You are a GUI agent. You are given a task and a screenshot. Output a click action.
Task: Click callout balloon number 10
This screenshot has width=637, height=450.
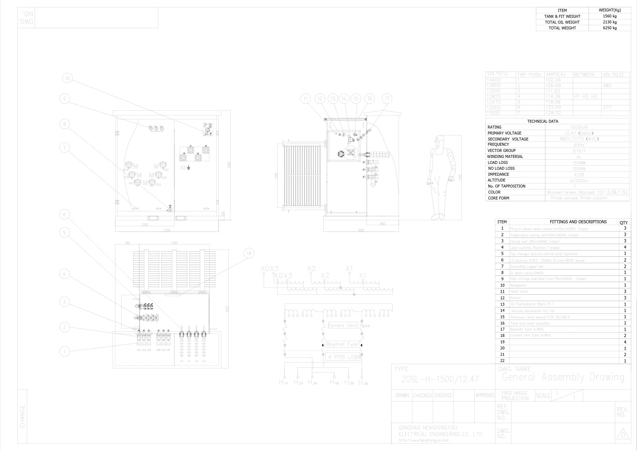[67, 78]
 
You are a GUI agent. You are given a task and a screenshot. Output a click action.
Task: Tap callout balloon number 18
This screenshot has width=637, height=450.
[249, 253]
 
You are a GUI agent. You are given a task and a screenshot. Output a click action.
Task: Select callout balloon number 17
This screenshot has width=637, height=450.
[387, 99]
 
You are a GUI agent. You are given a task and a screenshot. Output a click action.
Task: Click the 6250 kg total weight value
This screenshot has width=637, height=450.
[610, 28]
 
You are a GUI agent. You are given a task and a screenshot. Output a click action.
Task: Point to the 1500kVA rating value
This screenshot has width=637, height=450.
[579, 127]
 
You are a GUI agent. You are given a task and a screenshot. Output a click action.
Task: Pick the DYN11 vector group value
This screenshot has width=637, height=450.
[579, 151]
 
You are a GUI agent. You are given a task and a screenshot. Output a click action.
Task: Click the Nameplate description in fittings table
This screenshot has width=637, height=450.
[518, 285]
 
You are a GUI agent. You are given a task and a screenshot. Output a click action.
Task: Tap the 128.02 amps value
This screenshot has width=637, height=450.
[553, 113]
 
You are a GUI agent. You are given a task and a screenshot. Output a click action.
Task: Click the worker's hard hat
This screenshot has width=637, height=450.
[439, 138]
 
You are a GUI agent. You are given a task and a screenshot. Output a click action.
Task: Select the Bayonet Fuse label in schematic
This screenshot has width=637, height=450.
[342, 344]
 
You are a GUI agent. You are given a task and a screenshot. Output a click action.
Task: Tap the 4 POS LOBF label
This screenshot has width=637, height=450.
[344, 357]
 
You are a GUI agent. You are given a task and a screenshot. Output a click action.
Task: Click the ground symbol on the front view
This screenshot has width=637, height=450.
[189, 168]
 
